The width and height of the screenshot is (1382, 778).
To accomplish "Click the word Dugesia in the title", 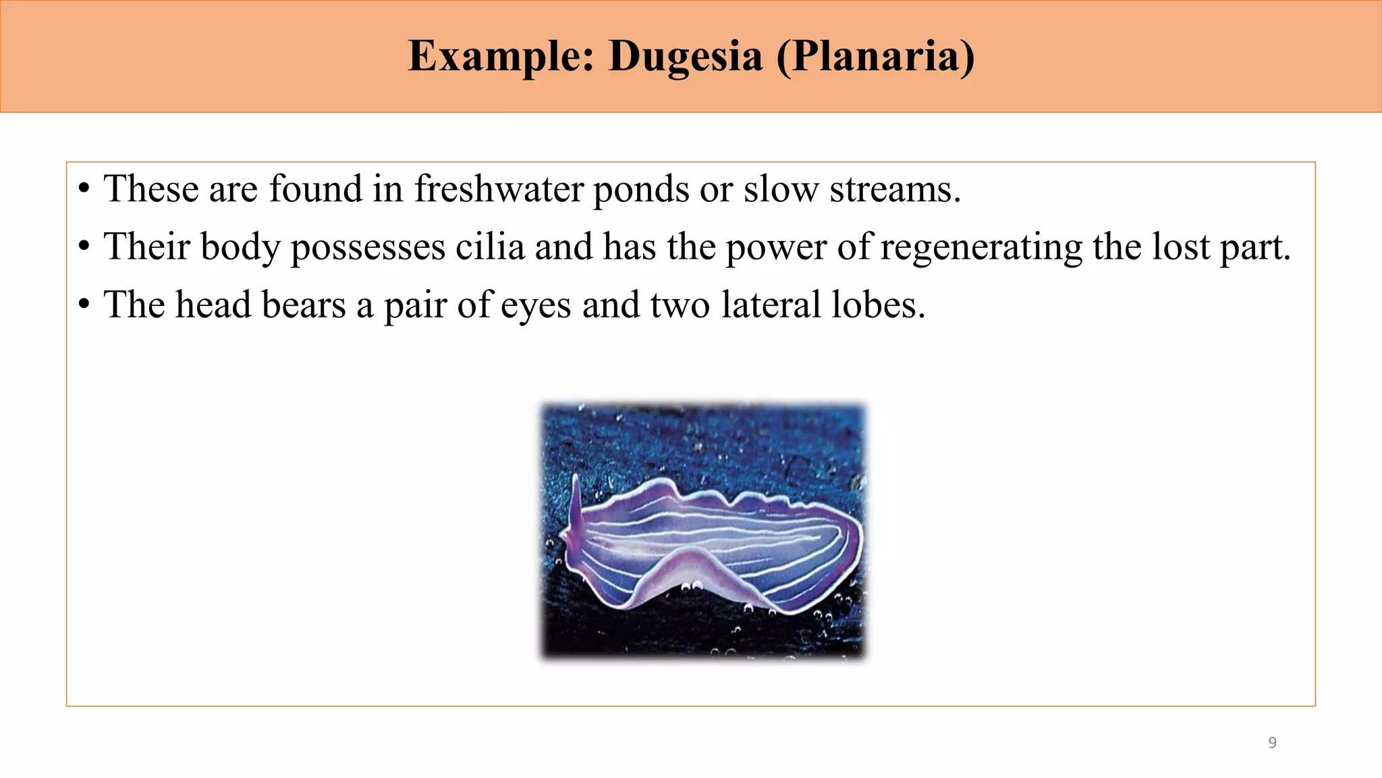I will pos(685,56).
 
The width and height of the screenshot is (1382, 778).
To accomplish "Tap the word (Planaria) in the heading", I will pos(875,56).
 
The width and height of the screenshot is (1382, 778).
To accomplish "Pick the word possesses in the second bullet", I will pos(368,247).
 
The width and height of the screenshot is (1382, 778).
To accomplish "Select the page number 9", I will pos(1273,743).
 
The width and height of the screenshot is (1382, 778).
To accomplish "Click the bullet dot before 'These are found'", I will pos(84,189).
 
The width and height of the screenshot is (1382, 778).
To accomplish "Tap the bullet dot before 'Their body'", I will pos(84,247).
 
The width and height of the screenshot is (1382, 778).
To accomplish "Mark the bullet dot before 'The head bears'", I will pos(84,305).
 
